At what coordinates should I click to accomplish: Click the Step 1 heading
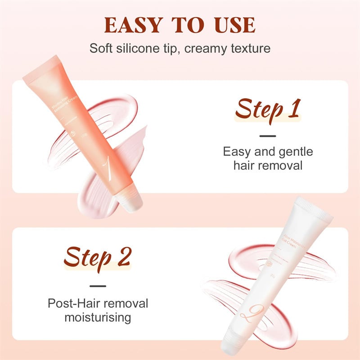(268, 109)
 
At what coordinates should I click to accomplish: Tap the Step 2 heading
(97, 258)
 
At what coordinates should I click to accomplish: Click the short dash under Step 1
(268, 135)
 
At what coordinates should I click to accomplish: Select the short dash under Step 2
(97, 285)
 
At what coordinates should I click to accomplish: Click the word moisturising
(97, 317)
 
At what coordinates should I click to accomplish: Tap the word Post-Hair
(75, 303)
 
